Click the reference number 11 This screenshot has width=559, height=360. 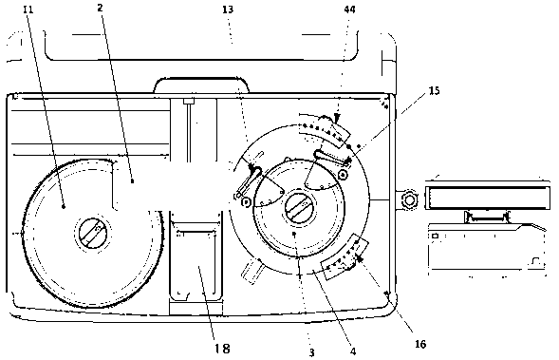pyautogui.click(x=28, y=9)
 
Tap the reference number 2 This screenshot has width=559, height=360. pyautogui.click(x=101, y=8)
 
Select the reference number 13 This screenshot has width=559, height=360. pyautogui.click(x=228, y=9)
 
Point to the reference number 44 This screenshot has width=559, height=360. pyautogui.click(x=350, y=9)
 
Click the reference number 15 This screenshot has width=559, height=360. pyautogui.click(x=434, y=90)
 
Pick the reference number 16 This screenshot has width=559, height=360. pyautogui.click(x=420, y=344)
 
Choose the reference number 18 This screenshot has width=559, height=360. pyautogui.click(x=222, y=348)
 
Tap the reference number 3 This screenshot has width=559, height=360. pyautogui.click(x=311, y=352)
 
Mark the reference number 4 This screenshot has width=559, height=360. pyautogui.click(x=353, y=351)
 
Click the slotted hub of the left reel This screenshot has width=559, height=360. pyautogui.click(x=93, y=233)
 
